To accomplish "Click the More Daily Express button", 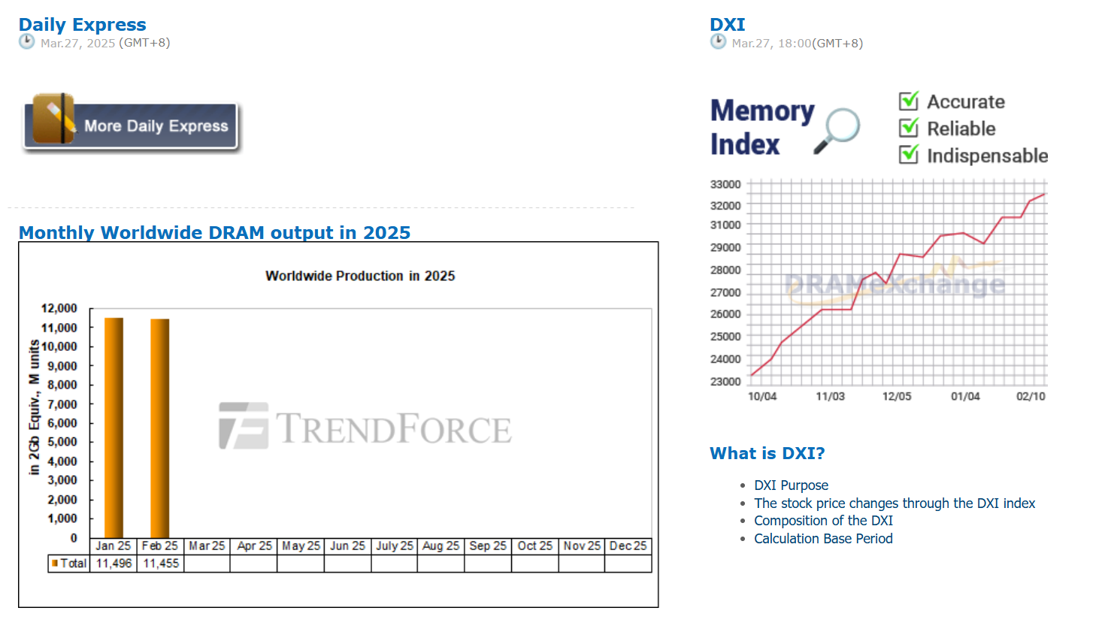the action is click(131, 124).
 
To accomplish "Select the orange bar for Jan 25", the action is click(114, 428).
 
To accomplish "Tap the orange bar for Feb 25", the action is click(160, 428).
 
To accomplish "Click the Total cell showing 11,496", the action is click(114, 564).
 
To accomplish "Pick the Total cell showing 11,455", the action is click(160, 564).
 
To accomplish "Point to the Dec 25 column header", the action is click(628, 546).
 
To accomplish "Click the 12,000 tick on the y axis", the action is click(59, 308).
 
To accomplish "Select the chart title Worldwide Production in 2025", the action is click(360, 276).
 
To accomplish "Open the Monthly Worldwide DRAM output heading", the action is click(214, 233).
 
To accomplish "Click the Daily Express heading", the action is click(82, 24).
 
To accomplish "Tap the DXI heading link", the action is click(727, 24).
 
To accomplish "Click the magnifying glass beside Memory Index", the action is click(837, 130).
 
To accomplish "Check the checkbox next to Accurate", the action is click(909, 101).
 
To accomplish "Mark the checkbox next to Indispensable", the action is click(909, 155).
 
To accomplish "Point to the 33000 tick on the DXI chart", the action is click(725, 184).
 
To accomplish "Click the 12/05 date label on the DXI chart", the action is click(896, 397).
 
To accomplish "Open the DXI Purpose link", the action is click(791, 485).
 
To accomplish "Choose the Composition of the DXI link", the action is click(823, 521).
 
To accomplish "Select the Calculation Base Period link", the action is click(823, 539).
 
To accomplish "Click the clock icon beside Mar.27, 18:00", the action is click(719, 42).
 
